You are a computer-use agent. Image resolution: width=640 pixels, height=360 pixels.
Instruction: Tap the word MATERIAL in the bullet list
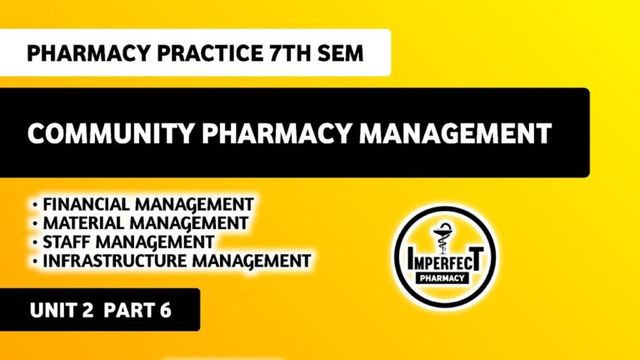(x=80, y=223)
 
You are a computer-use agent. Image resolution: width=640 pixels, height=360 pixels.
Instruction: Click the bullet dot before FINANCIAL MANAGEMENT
(x=33, y=205)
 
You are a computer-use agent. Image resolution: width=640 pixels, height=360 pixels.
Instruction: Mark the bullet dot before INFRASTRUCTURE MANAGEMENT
(x=33, y=262)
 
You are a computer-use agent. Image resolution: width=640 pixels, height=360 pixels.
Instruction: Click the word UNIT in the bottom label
(x=52, y=310)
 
